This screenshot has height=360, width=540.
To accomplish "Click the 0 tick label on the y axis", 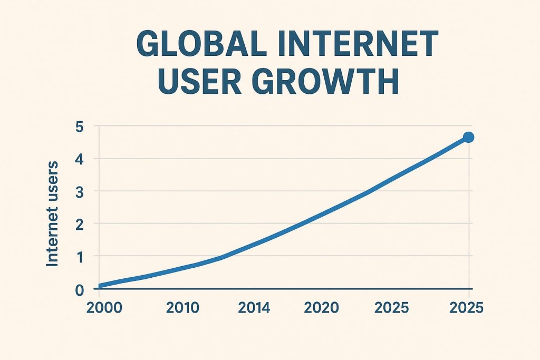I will click(x=80, y=289).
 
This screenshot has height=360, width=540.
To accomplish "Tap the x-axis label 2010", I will click(x=182, y=308).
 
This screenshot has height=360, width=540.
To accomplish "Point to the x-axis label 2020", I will click(x=322, y=308).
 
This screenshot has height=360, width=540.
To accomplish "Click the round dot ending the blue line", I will click(x=468, y=137).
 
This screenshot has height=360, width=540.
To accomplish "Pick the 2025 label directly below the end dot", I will click(x=467, y=308).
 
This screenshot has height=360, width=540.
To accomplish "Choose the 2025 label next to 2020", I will click(x=391, y=308).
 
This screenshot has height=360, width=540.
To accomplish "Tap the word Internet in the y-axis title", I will click(x=53, y=237).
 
